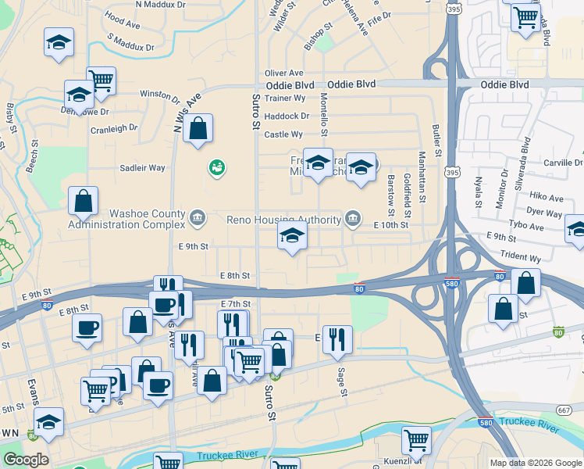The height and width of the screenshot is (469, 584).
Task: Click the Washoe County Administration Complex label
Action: (x=126, y=220)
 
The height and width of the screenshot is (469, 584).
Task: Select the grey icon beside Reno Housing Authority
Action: (x=354, y=217)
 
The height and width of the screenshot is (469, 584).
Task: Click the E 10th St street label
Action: (x=391, y=225)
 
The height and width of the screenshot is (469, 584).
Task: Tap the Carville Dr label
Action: (x=563, y=163)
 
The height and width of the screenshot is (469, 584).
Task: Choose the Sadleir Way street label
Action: (x=142, y=168)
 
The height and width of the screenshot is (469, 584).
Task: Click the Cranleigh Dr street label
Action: (x=113, y=127)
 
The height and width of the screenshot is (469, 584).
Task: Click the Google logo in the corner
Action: (x=26, y=460)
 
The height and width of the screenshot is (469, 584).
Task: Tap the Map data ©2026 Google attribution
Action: (x=535, y=463)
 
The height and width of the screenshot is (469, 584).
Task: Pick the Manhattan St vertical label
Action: (x=422, y=177)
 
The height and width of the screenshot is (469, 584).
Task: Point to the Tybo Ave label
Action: (x=525, y=226)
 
